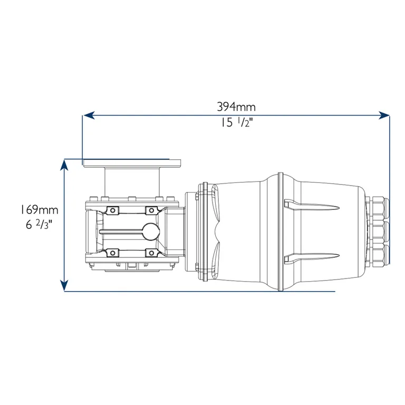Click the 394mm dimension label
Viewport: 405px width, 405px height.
click(x=236, y=107)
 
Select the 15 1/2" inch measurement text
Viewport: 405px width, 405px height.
click(x=236, y=124)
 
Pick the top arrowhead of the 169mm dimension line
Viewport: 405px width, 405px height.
click(x=64, y=165)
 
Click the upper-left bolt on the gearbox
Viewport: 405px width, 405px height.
click(x=112, y=210)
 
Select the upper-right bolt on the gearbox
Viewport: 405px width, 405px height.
click(x=150, y=210)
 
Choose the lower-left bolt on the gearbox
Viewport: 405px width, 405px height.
click(x=112, y=253)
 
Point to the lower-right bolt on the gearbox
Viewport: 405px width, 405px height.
click(x=150, y=253)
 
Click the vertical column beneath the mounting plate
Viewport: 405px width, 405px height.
click(x=132, y=182)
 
